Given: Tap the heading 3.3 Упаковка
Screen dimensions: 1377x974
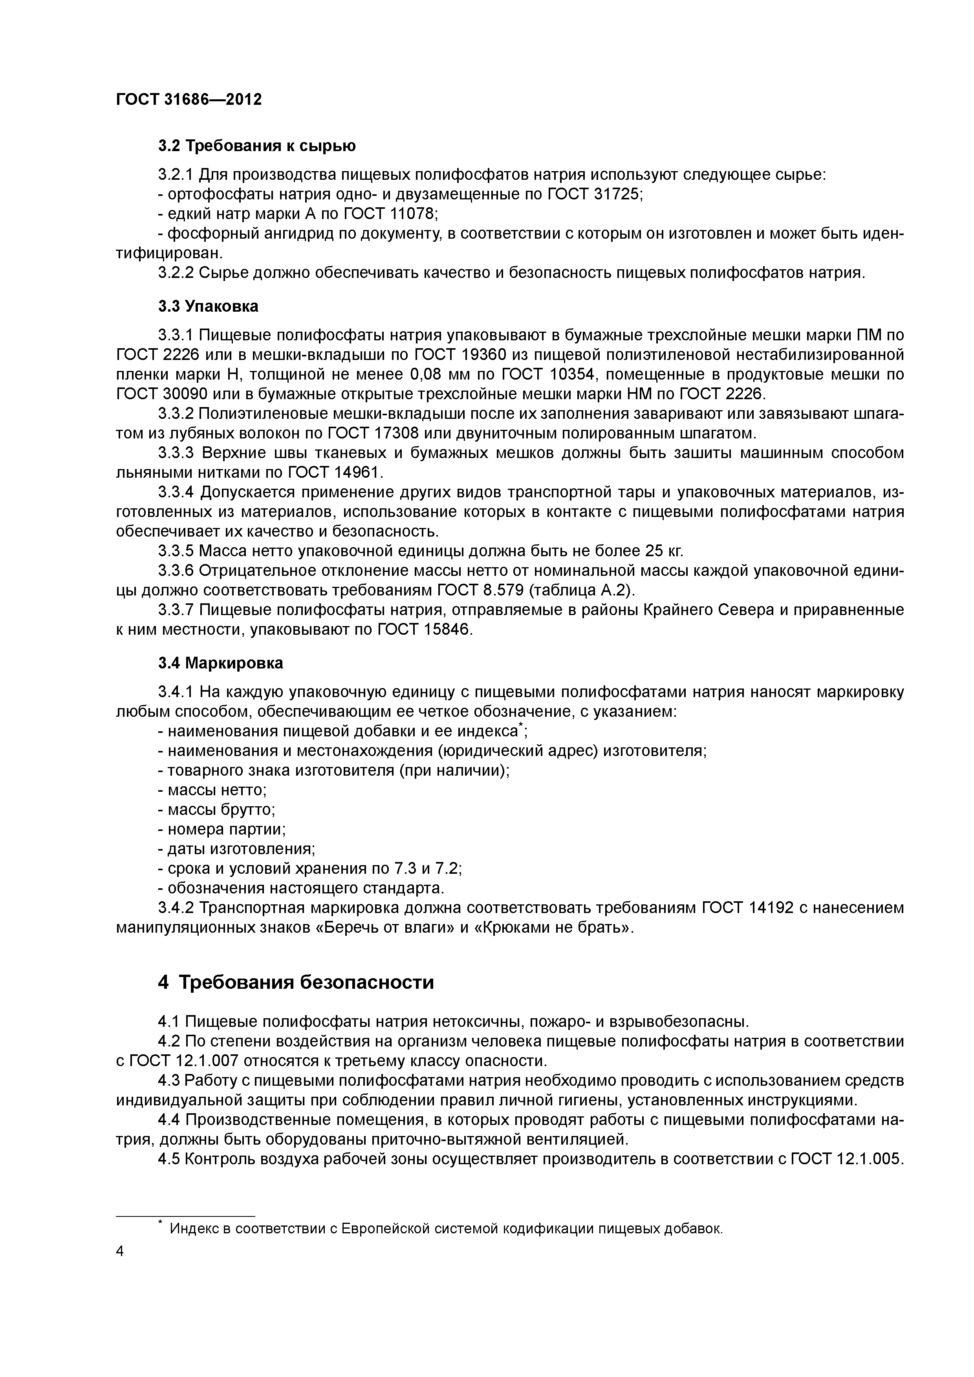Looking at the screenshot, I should point(208,307).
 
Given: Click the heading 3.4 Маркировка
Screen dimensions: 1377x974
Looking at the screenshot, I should point(221,663).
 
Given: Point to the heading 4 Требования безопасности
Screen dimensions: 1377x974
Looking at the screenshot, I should point(295,983).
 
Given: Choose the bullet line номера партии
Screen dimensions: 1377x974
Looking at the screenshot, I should point(222,829).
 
